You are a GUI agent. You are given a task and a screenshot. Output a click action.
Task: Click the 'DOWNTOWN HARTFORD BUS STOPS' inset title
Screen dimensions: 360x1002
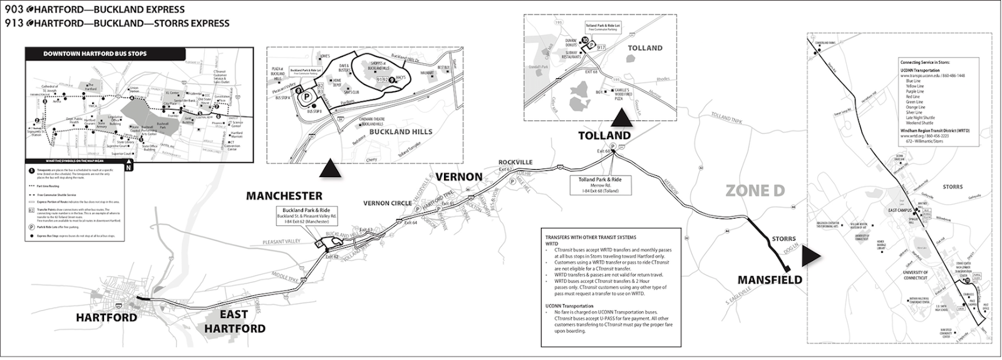(95, 54)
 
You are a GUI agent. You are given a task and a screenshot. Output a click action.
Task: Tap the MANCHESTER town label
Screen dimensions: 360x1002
(284, 196)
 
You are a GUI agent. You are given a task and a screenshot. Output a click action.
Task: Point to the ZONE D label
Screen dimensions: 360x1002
(755, 191)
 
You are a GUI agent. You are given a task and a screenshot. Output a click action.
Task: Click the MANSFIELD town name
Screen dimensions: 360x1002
(769, 280)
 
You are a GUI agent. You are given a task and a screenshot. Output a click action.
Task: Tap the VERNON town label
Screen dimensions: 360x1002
(458, 177)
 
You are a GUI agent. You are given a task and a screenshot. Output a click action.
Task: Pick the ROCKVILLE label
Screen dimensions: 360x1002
(515, 162)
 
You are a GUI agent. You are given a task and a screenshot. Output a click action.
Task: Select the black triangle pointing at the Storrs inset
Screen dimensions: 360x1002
(812, 254)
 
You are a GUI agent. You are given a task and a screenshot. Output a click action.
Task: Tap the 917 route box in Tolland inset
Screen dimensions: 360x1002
(602, 47)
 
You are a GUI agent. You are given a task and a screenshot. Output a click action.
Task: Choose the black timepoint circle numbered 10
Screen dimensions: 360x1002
(586, 40)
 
